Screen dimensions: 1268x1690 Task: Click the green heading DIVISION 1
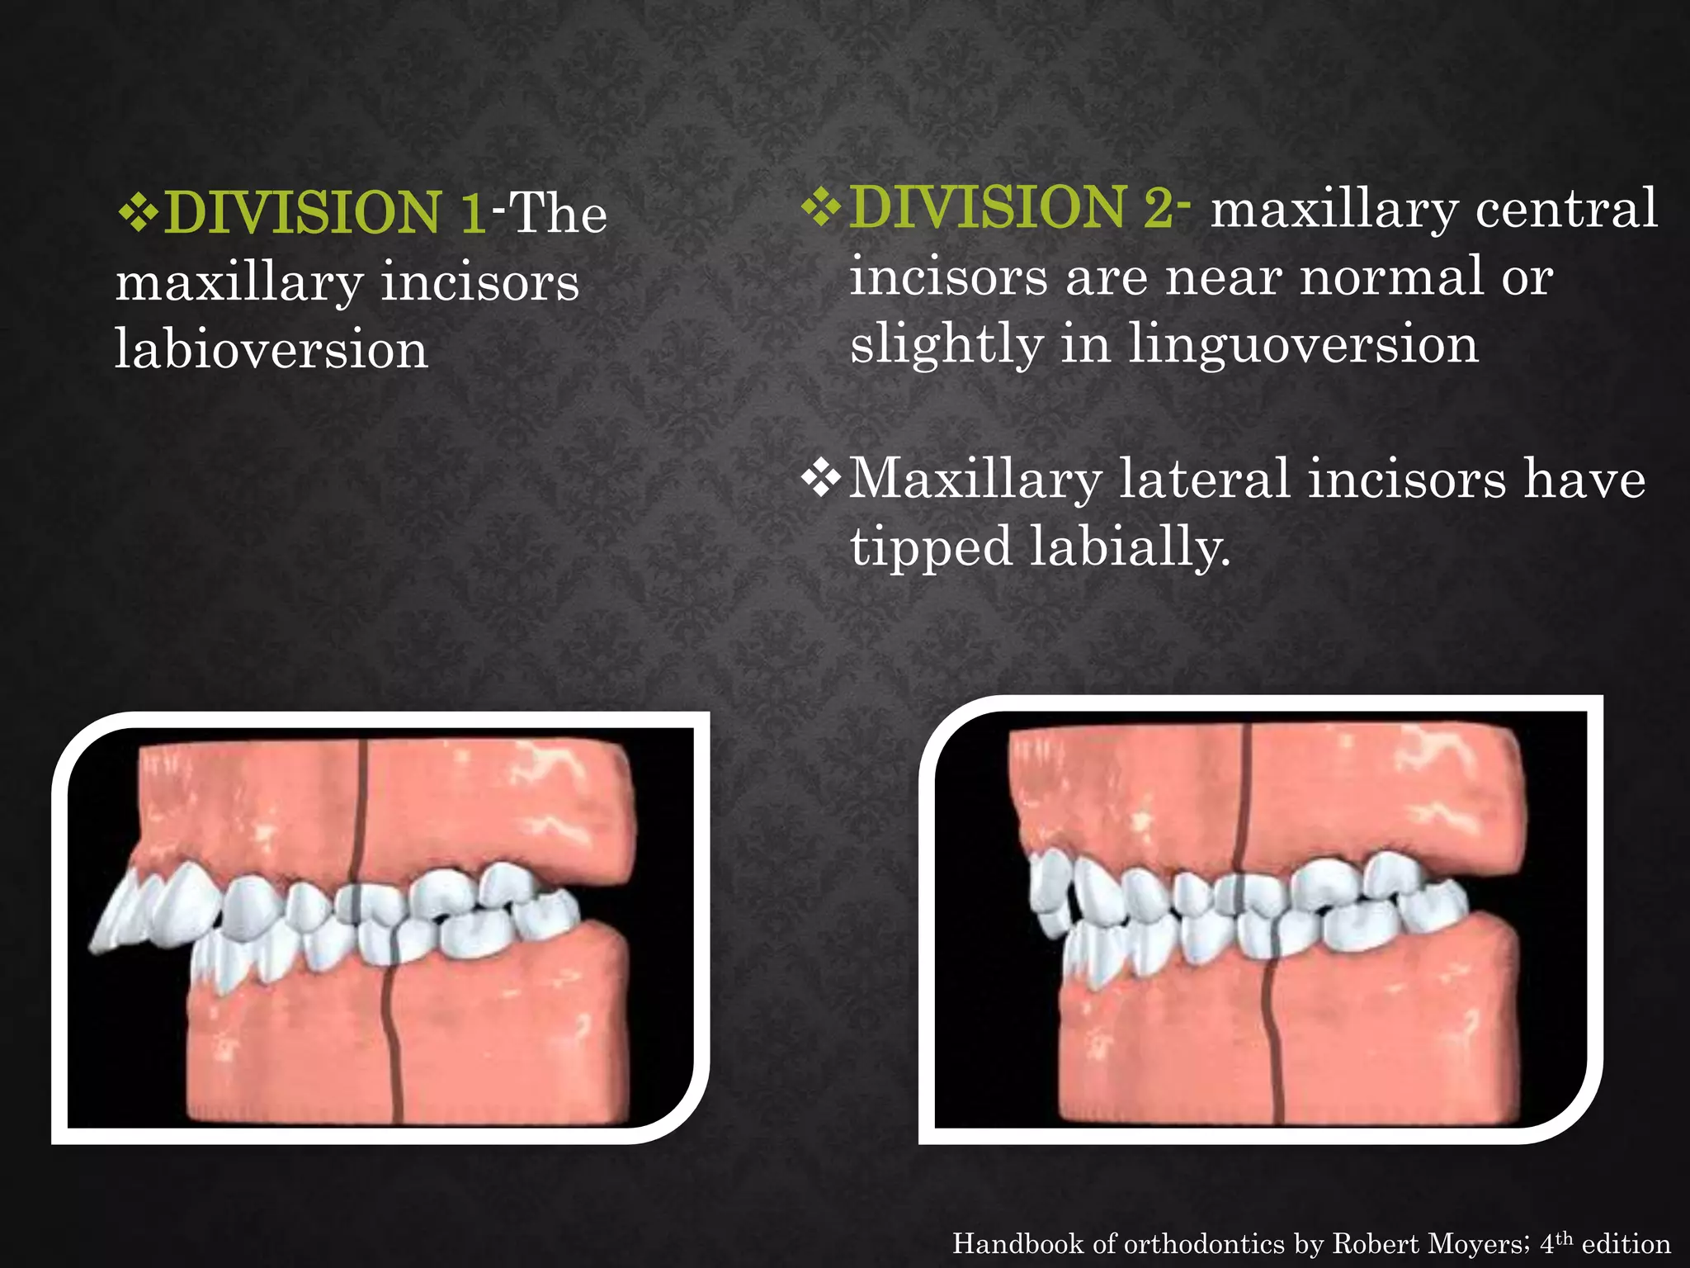[x=325, y=213]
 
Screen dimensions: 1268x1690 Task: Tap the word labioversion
[x=271, y=349]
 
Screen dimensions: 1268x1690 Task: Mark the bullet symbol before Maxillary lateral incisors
[x=821, y=480]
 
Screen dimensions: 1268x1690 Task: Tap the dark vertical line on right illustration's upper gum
[x=1245, y=792]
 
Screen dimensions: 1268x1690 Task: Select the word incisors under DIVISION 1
[x=479, y=282]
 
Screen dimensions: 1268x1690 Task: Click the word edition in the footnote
[x=1626, y=1243]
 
